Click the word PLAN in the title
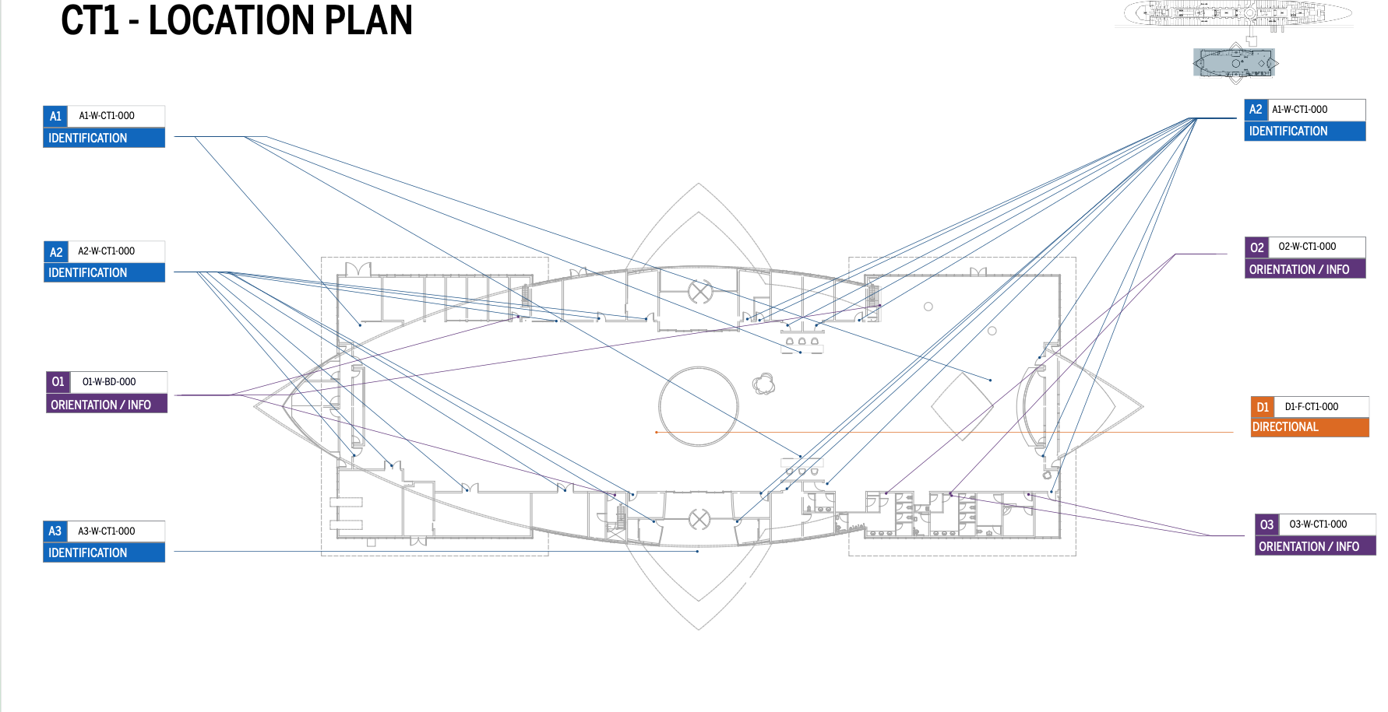368,20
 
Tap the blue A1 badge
55,116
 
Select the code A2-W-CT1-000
106,251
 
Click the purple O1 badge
58,382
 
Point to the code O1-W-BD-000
109,382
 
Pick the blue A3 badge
55,531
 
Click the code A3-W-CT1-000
106,531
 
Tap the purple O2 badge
1256,247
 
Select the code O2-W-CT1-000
1307,247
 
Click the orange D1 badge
1263,407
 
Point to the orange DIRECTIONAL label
1285,427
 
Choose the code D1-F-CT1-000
1312,407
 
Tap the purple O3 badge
1266,525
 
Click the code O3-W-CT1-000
1318,524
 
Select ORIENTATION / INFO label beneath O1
100,405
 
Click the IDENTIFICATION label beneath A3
87,552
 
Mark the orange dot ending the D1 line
657,432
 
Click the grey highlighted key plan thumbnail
1235,62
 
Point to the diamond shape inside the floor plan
963,405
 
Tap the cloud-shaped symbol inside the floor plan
763,384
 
